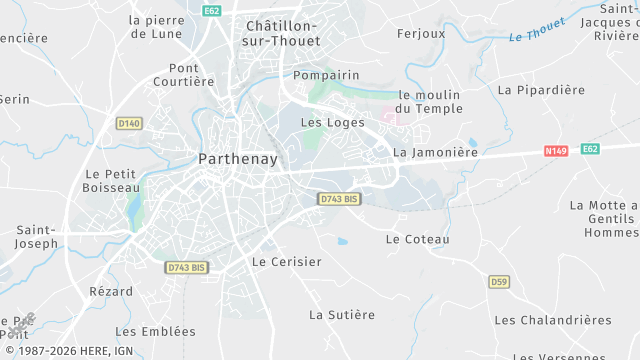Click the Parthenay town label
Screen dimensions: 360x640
(x=238, y=158)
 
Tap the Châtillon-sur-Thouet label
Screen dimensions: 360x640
(x=281, y=34)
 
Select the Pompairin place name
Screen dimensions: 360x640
(x=326, y=75)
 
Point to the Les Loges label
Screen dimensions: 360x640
(x=326, y=123)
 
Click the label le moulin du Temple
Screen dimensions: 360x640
(x=429, y=101)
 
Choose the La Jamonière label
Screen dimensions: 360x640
(x=436, y=153)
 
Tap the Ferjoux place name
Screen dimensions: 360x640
(x=421, y=33)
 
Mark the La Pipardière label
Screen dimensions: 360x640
(x=541, y=89)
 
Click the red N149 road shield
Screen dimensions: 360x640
(x=556, y=151)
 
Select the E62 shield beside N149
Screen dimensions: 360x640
(x=591, y=149)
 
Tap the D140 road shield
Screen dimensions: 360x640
(x=129, y=123)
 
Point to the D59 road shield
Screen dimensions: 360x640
(x=500, y=282)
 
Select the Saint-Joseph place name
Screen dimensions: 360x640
(x=37, y=236)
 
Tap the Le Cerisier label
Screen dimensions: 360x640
(x=287, y=262)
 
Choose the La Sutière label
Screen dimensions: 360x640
(x=342, y=315)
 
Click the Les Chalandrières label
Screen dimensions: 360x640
(x=553, y=320)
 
